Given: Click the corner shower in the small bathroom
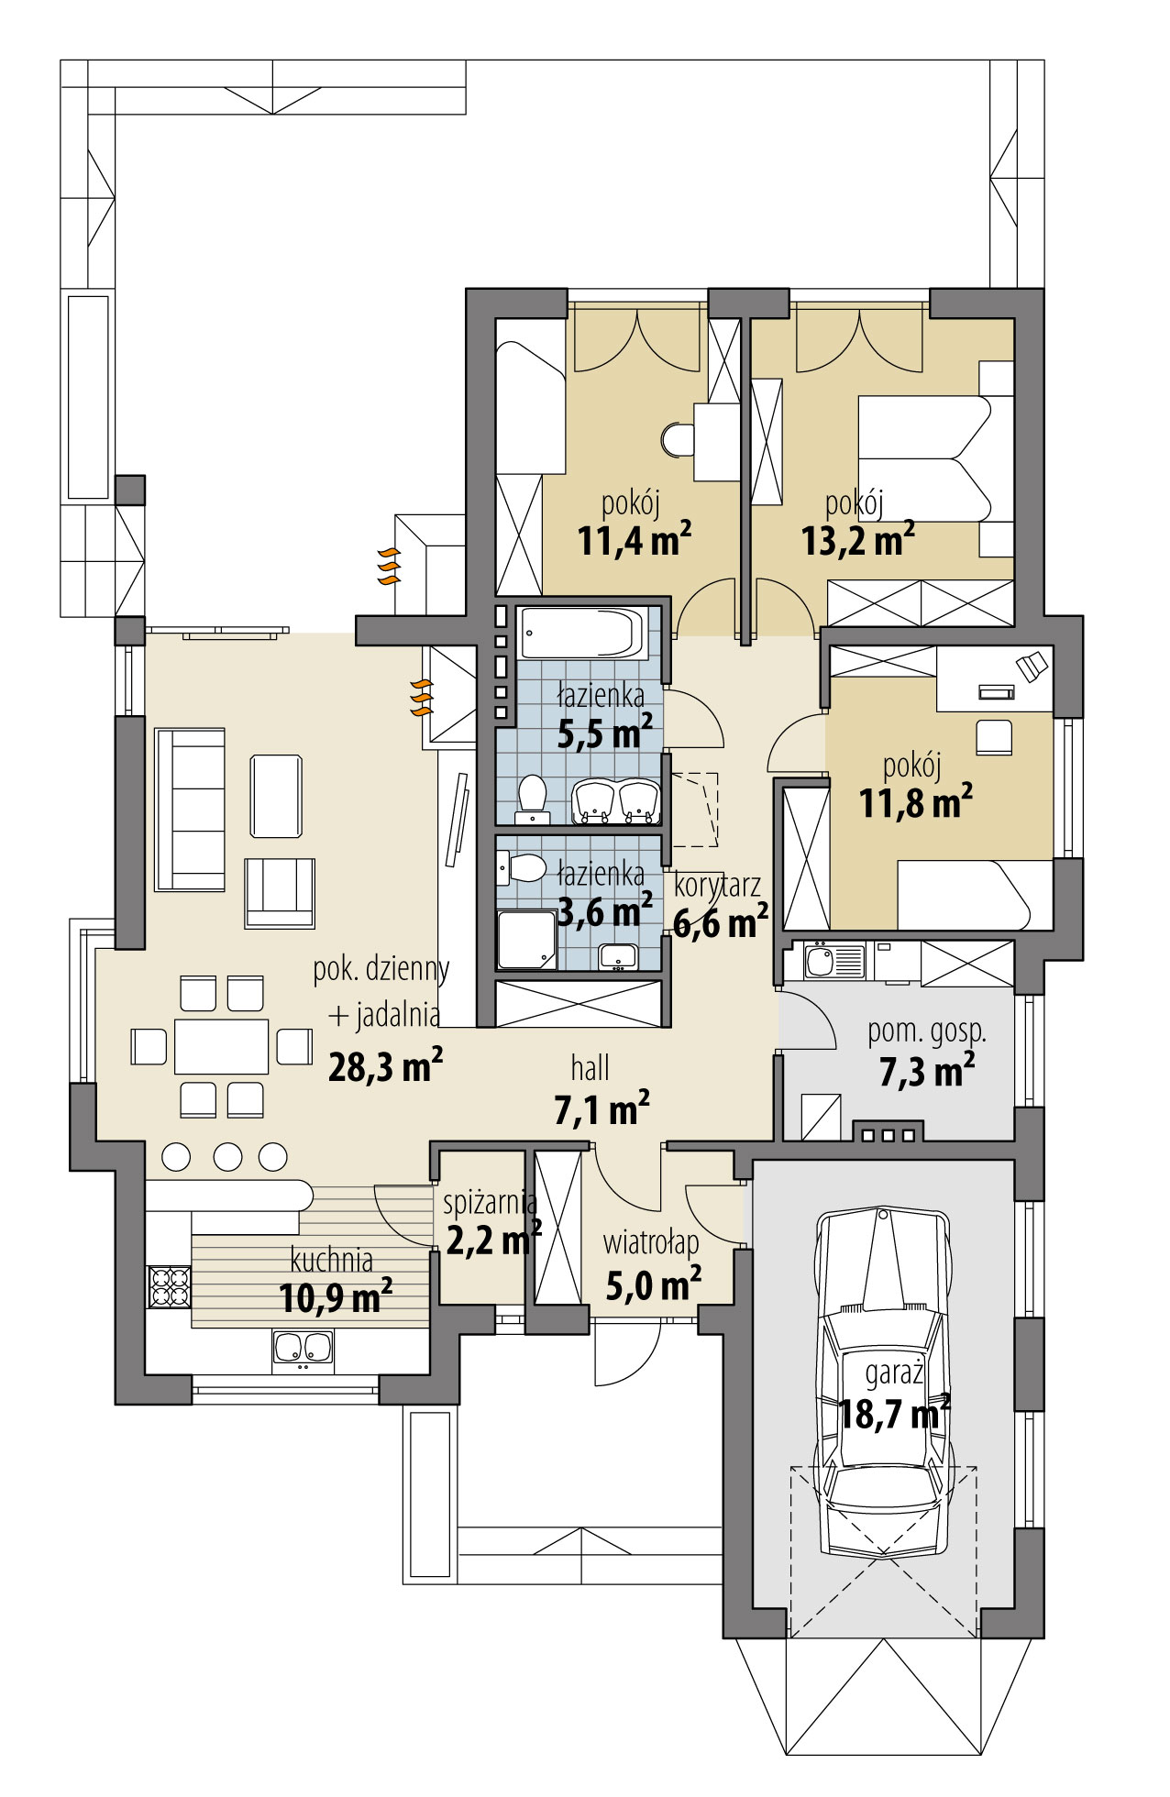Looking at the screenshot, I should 525,940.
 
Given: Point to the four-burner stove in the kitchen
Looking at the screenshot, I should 169,1285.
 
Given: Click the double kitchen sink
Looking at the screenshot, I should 303,1349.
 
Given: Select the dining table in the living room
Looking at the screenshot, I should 222,1046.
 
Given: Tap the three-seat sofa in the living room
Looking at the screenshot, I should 190,809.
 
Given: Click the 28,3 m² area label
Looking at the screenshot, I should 386,1067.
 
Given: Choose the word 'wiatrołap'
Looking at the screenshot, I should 651,1243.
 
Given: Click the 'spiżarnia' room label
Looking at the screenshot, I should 489,1202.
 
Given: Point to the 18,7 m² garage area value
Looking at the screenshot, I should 894,1416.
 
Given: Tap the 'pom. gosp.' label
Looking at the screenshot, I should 927,1031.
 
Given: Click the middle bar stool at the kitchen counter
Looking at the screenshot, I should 226,1157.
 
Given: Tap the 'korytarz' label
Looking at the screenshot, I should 717,886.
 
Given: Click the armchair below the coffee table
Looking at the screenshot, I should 280,892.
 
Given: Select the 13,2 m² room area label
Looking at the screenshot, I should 857,541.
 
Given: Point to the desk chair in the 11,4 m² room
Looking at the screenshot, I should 678,439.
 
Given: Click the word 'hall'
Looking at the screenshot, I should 590,1069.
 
